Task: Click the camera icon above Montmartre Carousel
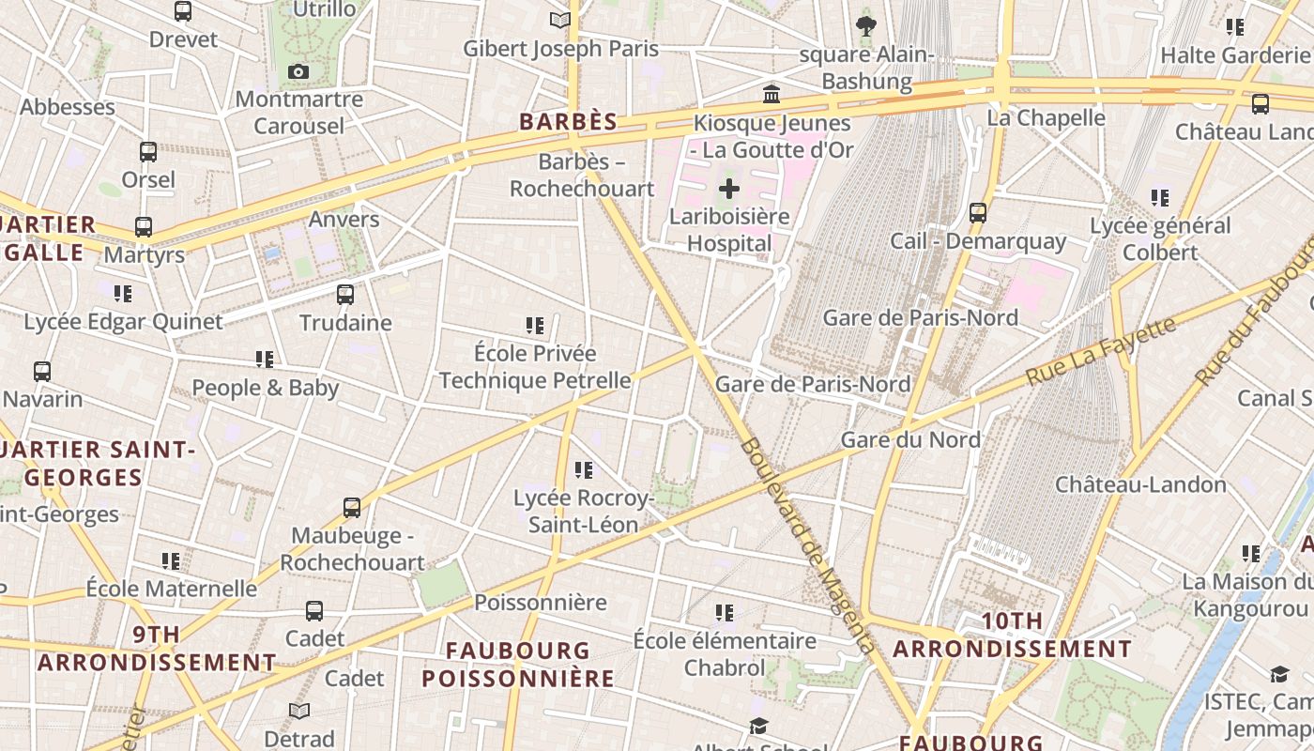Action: (x=298, y=72)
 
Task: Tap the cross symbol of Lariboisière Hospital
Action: (x=728, y=190)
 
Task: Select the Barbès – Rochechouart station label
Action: (x=582, y=176)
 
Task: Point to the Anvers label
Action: (x=344, y=220)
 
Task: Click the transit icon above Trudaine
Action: (x=345, y=295)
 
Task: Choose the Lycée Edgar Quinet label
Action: (x=123, y=322)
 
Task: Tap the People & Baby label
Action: (x=265, y=388)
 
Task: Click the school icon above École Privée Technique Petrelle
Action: (x=535, y=326)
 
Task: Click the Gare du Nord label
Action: (x=910, y=439)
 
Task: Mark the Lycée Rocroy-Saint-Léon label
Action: (x=583, y=512)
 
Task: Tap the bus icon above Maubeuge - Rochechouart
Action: (x=352, y=508)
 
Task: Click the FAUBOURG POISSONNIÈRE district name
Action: (x=518, y=664)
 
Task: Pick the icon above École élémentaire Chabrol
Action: (x=724, y=613)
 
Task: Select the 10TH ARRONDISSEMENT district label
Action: (x=1012, y=635)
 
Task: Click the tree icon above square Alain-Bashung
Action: (x=865, y=26)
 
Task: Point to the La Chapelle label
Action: (x=1047, y=117)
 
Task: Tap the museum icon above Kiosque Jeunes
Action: (x=772, y=94)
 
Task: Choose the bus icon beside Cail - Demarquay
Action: (x=978, y=213)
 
